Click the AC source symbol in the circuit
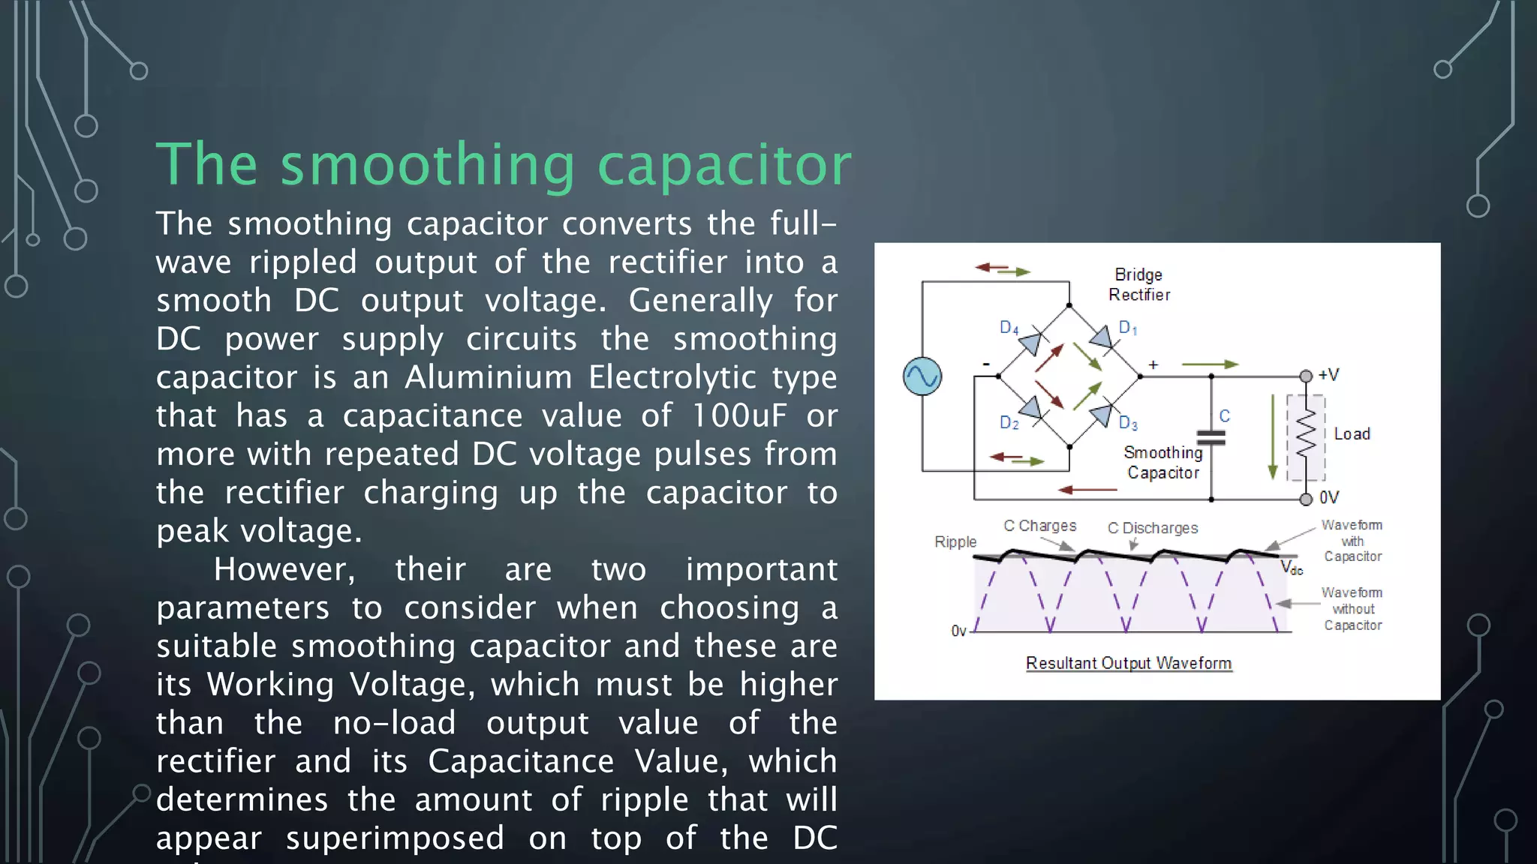click(x=922, y=376)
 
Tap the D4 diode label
click(x=1009, y=328)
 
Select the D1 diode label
click(x=1128, y=328)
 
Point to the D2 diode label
click(x=1009, y=423)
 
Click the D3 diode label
click(x=1128, y=423)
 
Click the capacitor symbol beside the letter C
click(x=1211, y=438)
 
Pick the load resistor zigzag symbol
click(x=1306, y=434)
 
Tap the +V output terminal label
click(x=1328, y=374)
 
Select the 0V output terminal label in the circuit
click(x=1328, y=497)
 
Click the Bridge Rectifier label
click(x=1138, y=285)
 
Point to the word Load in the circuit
click(x=1352, y=434)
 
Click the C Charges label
click(x=1039, y=526)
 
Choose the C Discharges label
click(x=1153, y=528)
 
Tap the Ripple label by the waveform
click(x=955, y=541)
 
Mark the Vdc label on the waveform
click(x=1291, y=568)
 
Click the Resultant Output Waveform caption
click(x=1128, y=663)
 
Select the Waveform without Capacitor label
click(x=1352, y=608)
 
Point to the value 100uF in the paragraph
click(x=738, y=415)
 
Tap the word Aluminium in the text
click(x=489, y=377)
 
